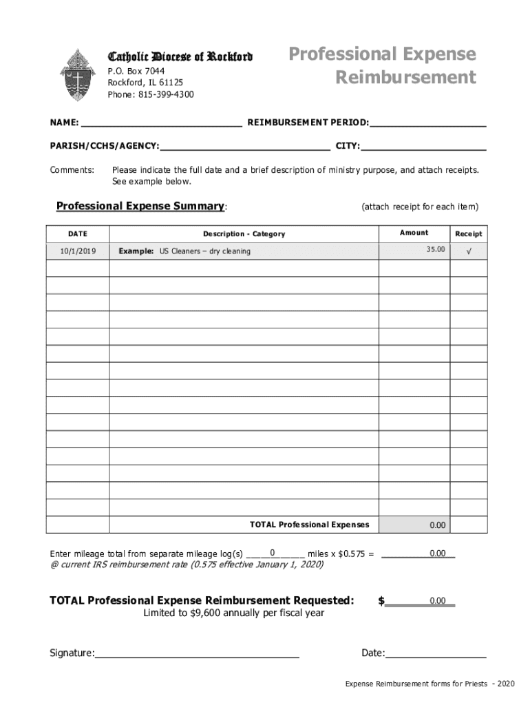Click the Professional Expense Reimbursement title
pos(382,65)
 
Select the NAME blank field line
pos(161,124)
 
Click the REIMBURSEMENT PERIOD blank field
pos(427,124)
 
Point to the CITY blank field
pos(423,146)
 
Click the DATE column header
pos(78,234)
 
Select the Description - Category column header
pos(244,234)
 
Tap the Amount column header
pos(414,233)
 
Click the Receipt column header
pos(468,234)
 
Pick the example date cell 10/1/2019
pos(78,251)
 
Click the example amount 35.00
pos(435,249)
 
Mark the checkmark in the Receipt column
pos(469,251)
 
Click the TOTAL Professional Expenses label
pos(309,525)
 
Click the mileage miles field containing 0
pos(274,553)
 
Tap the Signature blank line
pos(197,653)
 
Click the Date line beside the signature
pos(436,653)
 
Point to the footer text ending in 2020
pos(430,684)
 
